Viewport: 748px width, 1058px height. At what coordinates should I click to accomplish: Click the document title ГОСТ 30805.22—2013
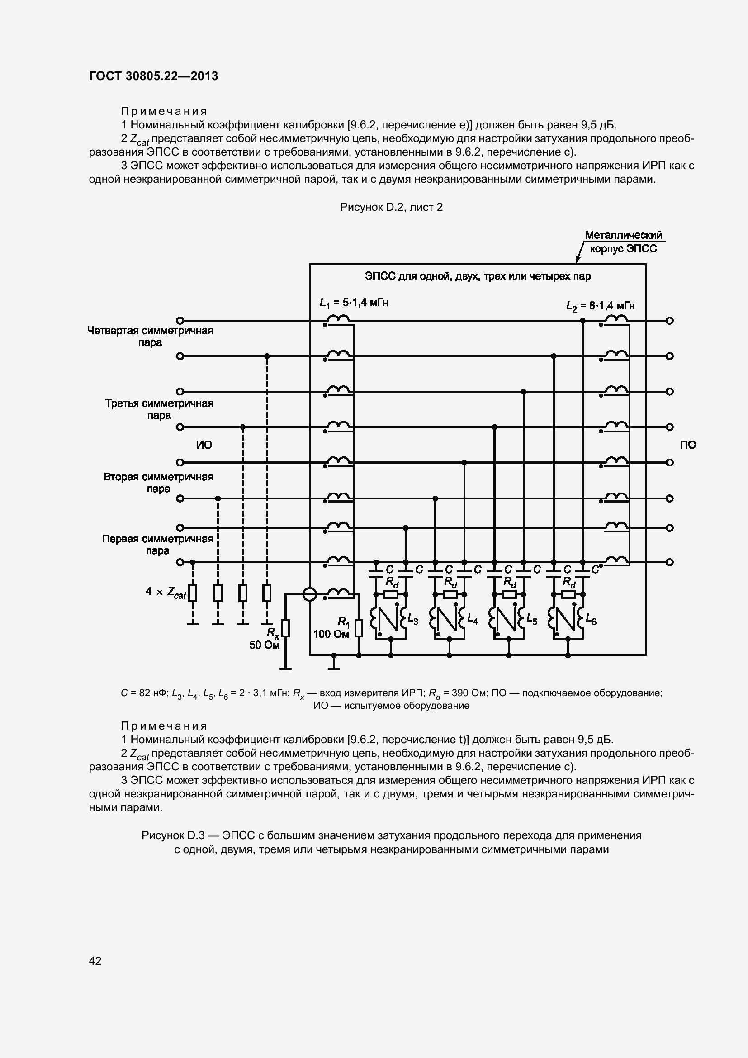[x=153, y=76]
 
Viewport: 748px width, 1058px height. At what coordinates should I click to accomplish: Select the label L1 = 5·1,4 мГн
[x=354, y=303]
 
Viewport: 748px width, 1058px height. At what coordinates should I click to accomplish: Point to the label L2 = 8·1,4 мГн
[x=600, y=305]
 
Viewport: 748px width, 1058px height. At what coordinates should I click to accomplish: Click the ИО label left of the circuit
[x=204, y=445]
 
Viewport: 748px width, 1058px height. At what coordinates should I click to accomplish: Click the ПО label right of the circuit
[x=688, y=445]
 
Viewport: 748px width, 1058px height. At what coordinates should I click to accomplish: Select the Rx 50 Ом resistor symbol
[x=285, y=629]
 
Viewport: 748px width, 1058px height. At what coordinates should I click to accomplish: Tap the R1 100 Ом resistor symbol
[x=359, y=628]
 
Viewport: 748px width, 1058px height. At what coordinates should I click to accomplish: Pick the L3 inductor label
[x=413, y=621]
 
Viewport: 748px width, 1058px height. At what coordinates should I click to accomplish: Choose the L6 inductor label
[x=591, y=621]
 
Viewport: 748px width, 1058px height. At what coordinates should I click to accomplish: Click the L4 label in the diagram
[x=473, y=621]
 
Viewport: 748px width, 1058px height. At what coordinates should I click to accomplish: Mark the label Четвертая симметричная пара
[x=150, y=337]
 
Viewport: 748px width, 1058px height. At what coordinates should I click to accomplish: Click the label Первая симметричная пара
[x=157, y=545]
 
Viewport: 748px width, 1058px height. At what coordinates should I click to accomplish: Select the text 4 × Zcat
[x=166, y=592]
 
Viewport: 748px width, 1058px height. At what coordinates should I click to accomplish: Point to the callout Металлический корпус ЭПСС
[x=623, y=242]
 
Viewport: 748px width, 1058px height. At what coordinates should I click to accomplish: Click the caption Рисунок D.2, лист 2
[x=391, y=207]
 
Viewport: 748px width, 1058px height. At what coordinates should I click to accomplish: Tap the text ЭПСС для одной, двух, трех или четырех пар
[x=478, y=276]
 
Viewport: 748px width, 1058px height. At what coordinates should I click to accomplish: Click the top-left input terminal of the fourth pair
[x=180, y=321]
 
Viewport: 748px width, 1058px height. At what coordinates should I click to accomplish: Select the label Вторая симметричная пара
[x=158, y=483]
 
